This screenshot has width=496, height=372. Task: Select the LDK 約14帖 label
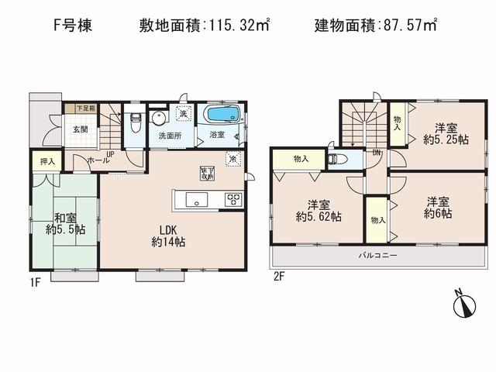click(x=169, y=235)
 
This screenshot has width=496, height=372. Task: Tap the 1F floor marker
click(x=34, y=284)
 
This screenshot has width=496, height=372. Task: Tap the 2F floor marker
click(x=277, y=275)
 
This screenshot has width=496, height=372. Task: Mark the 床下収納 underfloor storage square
click(x=207, y=173)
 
